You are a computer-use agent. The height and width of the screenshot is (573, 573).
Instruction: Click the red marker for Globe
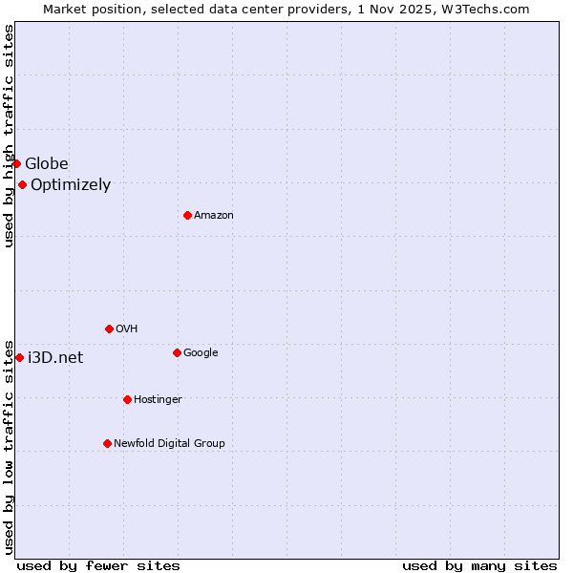16,164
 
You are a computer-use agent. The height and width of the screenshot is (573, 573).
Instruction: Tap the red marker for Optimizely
22,185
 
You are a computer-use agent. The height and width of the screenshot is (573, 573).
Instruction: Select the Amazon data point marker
187,216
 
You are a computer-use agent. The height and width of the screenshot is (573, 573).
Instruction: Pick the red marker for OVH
109,329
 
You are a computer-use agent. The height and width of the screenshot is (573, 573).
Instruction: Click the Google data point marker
177,353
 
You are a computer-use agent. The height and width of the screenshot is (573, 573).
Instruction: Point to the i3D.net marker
19,358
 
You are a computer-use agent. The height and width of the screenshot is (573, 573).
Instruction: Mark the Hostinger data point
127,400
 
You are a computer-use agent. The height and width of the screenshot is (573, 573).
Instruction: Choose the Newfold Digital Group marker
107,444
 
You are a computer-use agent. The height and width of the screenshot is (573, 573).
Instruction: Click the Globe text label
47,164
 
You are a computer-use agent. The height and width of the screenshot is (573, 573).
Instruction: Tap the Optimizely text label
71,185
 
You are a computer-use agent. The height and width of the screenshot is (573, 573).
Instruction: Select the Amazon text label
214,216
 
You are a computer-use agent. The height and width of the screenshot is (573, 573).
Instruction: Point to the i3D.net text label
55,358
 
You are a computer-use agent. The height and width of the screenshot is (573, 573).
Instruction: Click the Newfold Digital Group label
169,444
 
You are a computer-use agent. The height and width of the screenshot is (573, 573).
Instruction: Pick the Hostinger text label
158,400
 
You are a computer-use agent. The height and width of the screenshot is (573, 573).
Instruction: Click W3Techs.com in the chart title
488,10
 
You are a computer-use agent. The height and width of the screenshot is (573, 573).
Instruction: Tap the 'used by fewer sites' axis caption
98,566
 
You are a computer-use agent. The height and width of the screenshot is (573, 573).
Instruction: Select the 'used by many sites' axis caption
479,566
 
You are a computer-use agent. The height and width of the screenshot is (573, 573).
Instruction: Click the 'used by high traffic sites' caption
10,136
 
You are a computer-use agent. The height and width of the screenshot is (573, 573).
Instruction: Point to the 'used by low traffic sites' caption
10,446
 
